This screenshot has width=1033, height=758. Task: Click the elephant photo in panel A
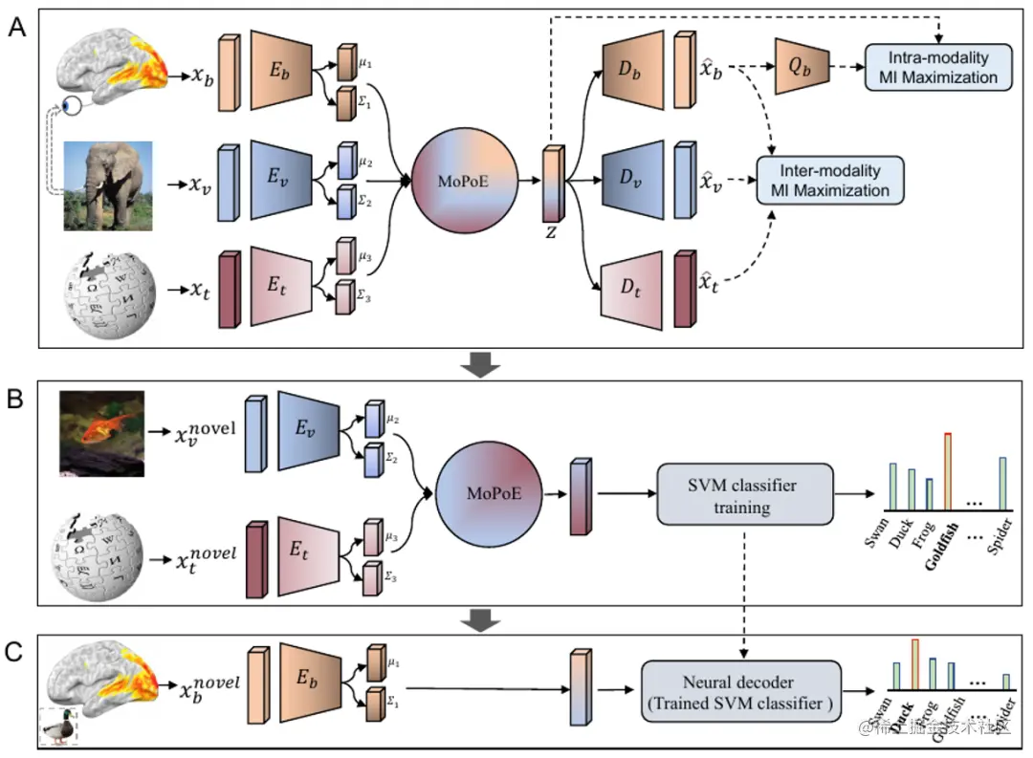[x=108, y=186]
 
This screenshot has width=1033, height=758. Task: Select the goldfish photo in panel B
[x=100, y=432]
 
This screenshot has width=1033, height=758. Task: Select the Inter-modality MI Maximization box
[x=829, y=180]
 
